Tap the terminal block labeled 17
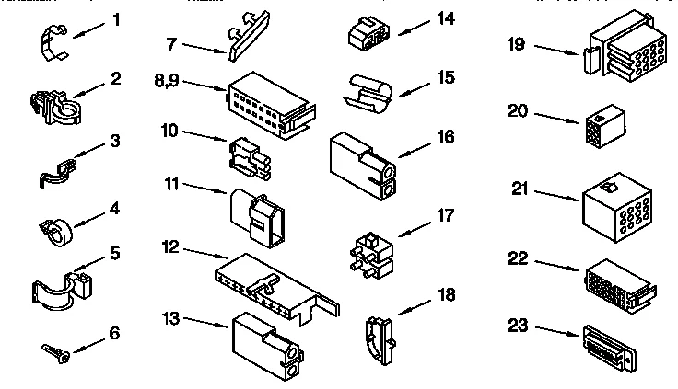(370, 246)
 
